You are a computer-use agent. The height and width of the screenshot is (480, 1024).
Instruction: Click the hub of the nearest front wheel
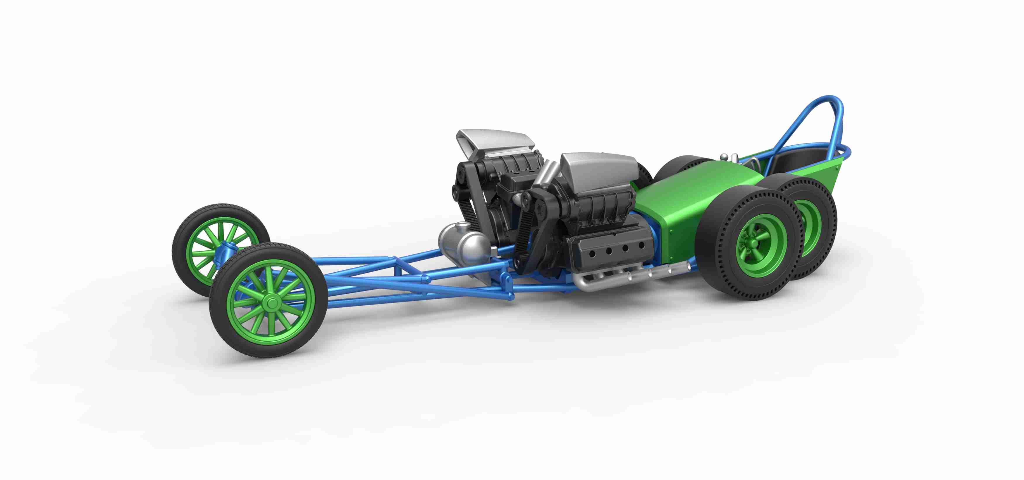click(x=272, y=303)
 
